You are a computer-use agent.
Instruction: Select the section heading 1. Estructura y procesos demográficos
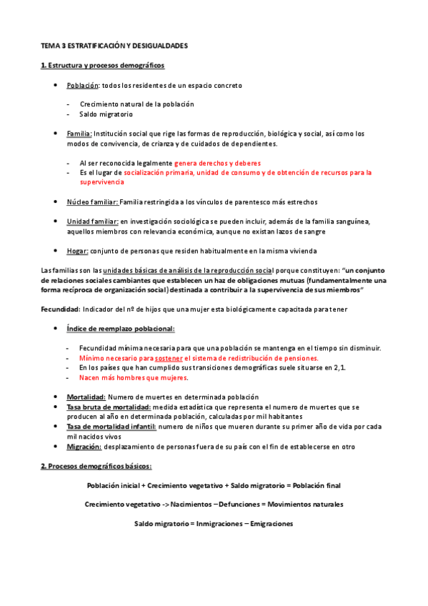103,66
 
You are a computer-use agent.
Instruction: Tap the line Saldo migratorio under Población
106,114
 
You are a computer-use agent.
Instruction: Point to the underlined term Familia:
79,134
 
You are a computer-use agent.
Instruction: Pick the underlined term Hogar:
77,251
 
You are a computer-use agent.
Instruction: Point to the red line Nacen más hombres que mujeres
134,377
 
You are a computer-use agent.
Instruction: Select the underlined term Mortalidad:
86,397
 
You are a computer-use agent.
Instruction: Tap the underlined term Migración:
84,447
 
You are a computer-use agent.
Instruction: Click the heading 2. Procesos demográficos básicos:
96,466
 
